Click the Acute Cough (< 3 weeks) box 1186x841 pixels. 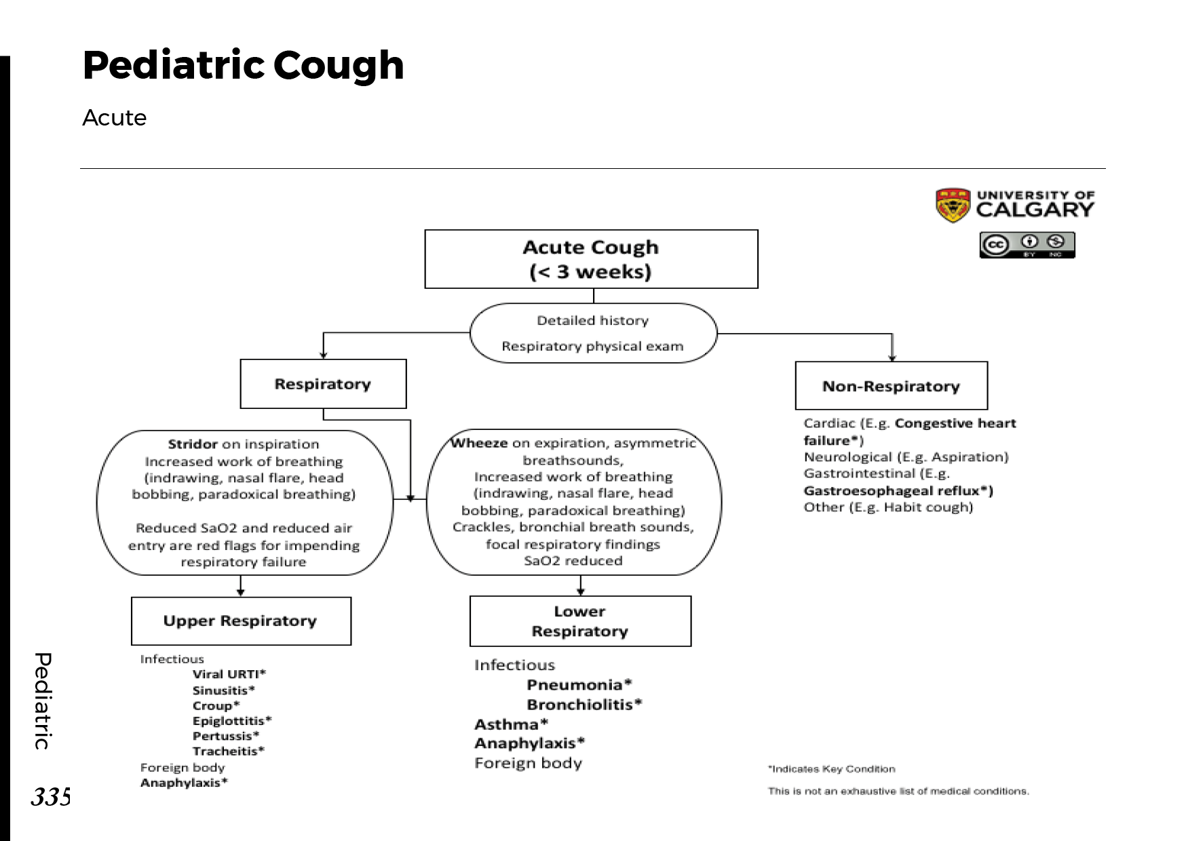591,259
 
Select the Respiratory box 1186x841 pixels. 323,384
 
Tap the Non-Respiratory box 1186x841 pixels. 891,386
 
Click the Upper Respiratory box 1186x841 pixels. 241,621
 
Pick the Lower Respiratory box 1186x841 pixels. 580,621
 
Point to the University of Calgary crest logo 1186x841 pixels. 952,205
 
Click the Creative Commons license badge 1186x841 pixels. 1027,245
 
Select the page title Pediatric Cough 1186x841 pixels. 243,66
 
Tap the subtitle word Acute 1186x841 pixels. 114,118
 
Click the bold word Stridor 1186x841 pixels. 192,444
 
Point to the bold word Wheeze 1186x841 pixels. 479,443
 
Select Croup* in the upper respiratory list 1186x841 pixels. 216,705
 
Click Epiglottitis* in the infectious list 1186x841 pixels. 231,720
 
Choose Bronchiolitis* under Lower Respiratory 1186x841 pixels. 584,704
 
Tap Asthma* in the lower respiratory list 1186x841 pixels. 511,724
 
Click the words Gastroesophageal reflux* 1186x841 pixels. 898,490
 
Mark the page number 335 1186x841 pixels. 50,796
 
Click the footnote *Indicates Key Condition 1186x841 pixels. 831,769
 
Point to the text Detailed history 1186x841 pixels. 592,320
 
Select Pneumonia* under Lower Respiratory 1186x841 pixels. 579,684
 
